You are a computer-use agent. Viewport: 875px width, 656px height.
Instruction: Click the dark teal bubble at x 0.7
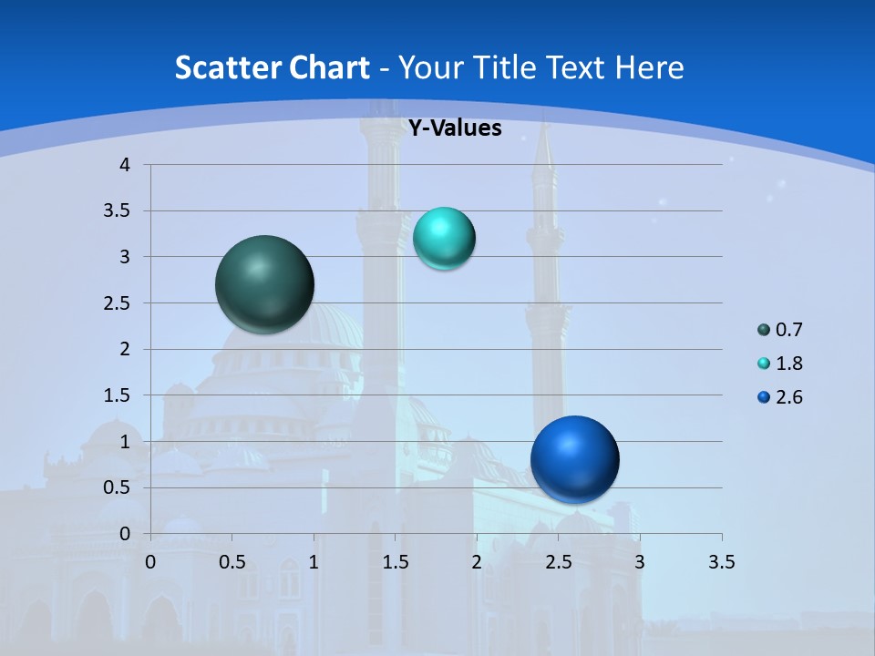pos(265,284)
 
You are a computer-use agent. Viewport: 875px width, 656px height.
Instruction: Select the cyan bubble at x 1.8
pos(444,239)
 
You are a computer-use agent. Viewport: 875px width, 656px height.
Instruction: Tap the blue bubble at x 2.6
pos(574,459)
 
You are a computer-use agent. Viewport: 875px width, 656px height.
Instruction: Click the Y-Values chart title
pos(454,128)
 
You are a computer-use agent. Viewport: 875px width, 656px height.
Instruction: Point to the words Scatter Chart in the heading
pos(273,67)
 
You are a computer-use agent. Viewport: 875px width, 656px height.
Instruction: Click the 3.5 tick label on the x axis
pos(721,562)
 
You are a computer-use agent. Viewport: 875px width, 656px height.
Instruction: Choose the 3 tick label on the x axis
pos(640,562)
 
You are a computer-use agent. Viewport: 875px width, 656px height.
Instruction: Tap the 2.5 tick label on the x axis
pos(558,562)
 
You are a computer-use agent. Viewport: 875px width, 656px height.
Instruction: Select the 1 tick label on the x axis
pos(314,562)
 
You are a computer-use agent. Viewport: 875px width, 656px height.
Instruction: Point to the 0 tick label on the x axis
pos(150,562)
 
